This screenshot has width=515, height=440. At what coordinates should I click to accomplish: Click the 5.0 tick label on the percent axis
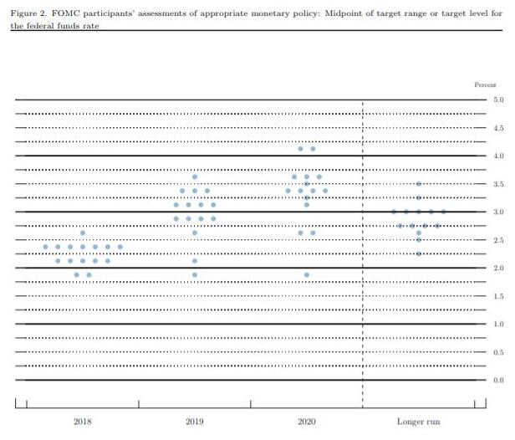coord(498,100)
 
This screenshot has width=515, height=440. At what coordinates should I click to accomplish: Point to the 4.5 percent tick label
coord(498,128)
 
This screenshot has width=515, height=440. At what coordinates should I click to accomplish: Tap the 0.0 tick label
coord(498,380)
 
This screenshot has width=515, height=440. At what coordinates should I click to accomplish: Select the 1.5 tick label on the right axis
coord(498,296)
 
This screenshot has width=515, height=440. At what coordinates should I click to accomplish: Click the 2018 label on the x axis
coord(83,421)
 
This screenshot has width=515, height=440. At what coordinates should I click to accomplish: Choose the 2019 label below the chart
coord(194,421)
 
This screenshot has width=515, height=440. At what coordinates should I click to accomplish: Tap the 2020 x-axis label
coord(306,421)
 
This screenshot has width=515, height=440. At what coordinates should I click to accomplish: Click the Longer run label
coord(418,421)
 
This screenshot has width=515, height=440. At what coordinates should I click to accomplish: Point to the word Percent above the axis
coord(486,85)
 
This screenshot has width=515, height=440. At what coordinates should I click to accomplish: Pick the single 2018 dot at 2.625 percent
coord(83,233)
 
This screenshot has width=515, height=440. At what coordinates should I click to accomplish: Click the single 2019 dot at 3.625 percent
coord(195,177)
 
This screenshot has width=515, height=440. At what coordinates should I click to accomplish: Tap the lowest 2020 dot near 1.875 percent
coord(307,274)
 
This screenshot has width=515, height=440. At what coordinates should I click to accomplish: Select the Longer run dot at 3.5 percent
coord(419,184)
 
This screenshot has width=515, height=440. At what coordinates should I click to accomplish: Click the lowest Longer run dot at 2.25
coord(419,253)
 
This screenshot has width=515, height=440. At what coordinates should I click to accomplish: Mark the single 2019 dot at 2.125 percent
coord(195,261)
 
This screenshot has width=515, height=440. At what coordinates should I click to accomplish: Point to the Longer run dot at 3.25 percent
coord(419,198)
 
